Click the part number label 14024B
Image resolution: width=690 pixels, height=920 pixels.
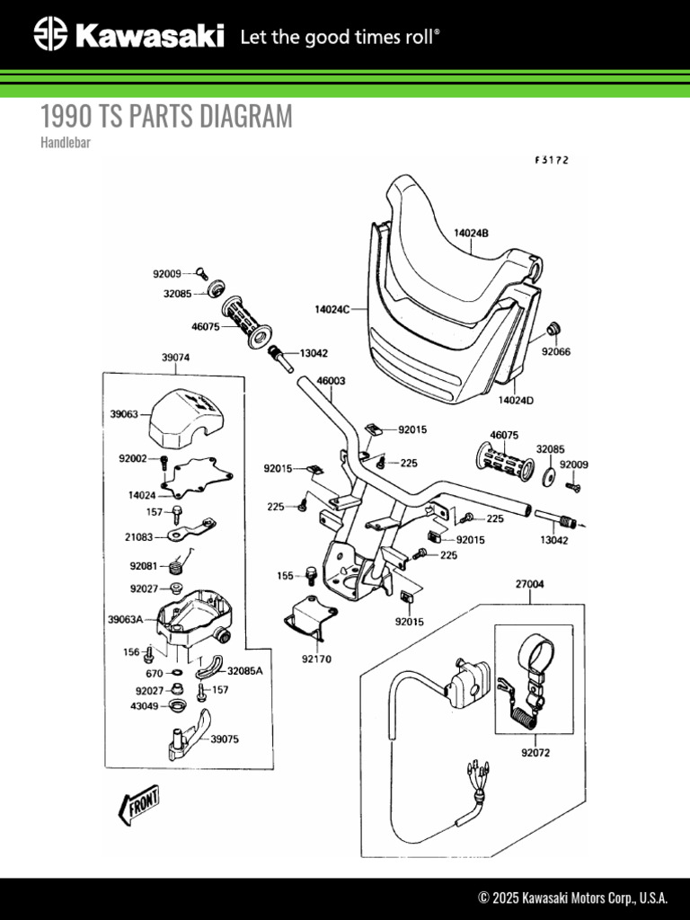(470, 233)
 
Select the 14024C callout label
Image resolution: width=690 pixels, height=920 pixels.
(332, 309)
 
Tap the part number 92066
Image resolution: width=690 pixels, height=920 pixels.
(555, 353)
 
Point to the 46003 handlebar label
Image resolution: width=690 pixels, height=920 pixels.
(331, 381)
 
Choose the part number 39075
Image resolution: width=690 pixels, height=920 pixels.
(225, 739)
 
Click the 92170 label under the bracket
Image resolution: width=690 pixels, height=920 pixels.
(316, 659)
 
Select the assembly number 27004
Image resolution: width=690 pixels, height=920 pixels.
(529, 584)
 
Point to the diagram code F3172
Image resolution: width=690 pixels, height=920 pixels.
(552, 161)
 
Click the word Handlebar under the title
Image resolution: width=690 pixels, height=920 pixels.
(66, 142)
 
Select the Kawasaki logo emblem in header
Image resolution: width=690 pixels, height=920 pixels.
(50, 35)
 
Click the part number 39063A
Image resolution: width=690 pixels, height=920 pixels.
(127, 619)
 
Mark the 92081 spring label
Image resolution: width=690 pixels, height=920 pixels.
(143, 566)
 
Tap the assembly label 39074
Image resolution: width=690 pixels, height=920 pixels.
(175, 357)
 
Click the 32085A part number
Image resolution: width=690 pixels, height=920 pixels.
(244, 670)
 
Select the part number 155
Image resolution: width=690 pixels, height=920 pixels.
(285, 574)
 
